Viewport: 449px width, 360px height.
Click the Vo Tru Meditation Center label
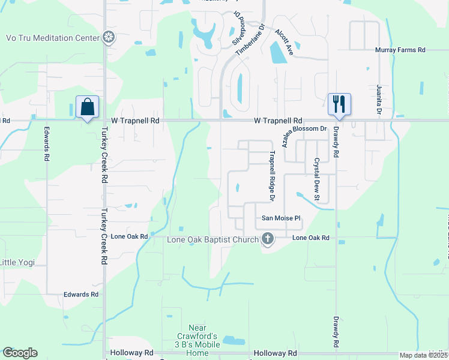point(52,38)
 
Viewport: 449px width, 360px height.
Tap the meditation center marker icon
point(109,38)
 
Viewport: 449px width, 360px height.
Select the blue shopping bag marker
point(88,107)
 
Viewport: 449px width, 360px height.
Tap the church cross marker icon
point(268,240)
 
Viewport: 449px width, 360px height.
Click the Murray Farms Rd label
point(400,50)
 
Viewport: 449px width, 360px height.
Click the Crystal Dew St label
point(316,175)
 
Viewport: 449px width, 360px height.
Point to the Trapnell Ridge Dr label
point(272,175)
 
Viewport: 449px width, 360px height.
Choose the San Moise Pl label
point(279,218)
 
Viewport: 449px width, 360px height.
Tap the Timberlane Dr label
point(250,40)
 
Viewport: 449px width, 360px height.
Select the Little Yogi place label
point(17,262)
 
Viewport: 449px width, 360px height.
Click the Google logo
point(20,353)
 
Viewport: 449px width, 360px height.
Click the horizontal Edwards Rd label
point(81,295)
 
